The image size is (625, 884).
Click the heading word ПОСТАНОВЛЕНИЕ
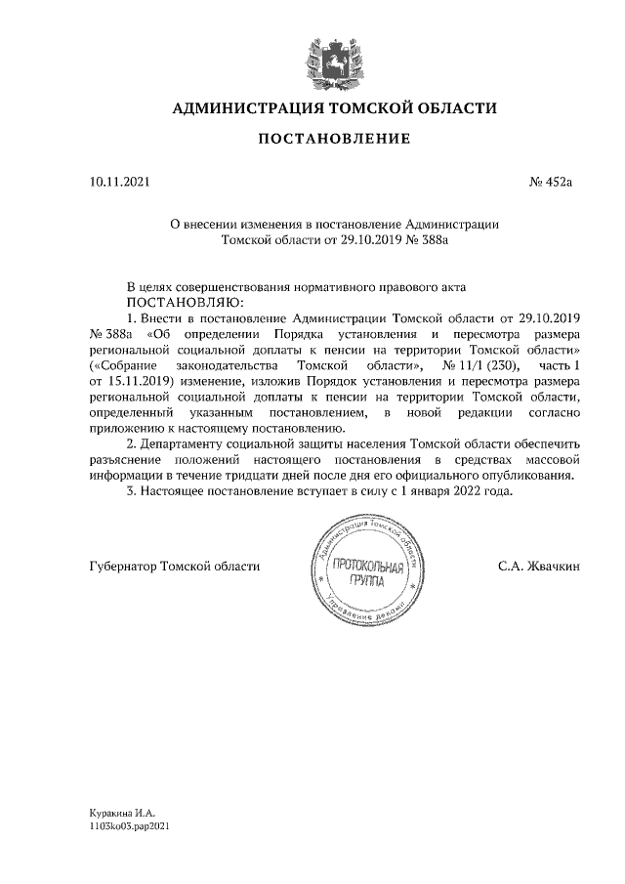click(334, 139)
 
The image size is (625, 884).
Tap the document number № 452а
click(554, 182)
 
